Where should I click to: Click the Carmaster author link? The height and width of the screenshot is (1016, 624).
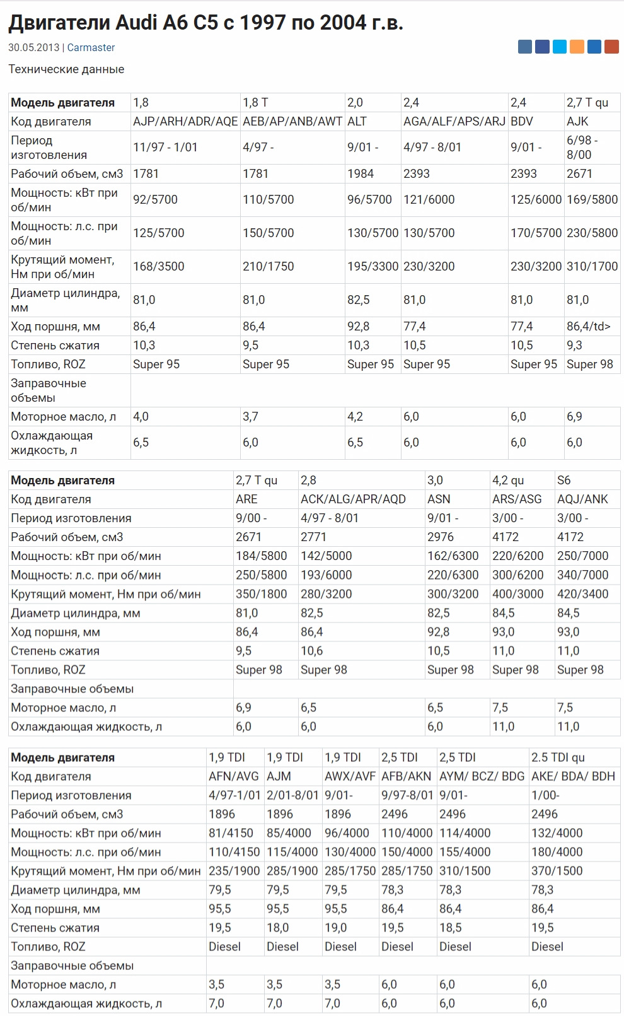91,47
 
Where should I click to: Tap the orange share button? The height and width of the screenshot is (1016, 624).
577,46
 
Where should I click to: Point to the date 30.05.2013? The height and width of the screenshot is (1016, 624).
33,47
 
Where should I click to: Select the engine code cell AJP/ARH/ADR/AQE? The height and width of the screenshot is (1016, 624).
185,121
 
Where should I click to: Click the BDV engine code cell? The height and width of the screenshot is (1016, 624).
522,121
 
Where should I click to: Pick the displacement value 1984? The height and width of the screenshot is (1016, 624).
361,173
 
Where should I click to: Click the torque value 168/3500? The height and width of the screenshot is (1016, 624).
159,266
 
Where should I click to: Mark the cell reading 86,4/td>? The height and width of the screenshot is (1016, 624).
589,326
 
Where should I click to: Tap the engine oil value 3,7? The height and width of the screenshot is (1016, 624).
250,416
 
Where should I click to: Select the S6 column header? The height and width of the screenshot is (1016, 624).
564,480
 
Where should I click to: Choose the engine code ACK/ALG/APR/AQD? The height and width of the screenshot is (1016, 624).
353,499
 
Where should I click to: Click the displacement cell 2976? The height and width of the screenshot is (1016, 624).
441,537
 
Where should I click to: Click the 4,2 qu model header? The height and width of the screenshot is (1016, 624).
508,480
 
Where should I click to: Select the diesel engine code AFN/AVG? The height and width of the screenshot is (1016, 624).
234,776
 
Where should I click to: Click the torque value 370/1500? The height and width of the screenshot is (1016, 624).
557,871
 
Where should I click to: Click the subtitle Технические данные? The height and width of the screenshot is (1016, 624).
66,69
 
